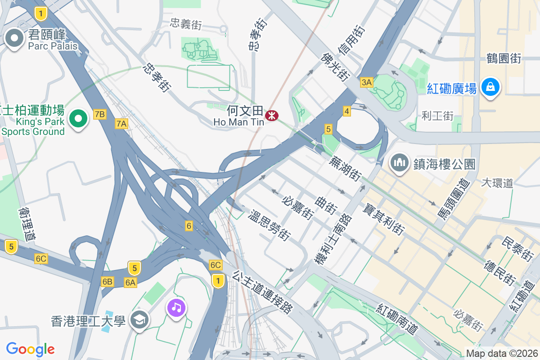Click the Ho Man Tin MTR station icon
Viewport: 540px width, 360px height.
[271, 116]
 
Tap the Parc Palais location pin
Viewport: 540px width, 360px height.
[14, 39]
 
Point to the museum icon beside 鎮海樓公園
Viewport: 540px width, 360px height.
[399, 162]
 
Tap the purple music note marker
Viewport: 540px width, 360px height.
[176, 308]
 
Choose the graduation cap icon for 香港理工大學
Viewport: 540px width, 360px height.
[139, 320]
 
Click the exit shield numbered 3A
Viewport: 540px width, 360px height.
[367, 82]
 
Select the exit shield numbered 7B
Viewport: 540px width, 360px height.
[100, 114]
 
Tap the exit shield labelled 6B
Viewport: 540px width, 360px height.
[107, 282]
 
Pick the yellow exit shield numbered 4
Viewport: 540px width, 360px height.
[346, 111]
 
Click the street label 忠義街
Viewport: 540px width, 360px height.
[185, 24]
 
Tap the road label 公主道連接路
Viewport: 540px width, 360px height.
[263, 292]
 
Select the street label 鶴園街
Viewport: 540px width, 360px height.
[504, 58]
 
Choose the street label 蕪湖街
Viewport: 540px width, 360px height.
[346, 168]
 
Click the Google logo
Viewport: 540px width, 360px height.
[30, 349]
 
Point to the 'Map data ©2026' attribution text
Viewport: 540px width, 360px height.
[502, 354]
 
